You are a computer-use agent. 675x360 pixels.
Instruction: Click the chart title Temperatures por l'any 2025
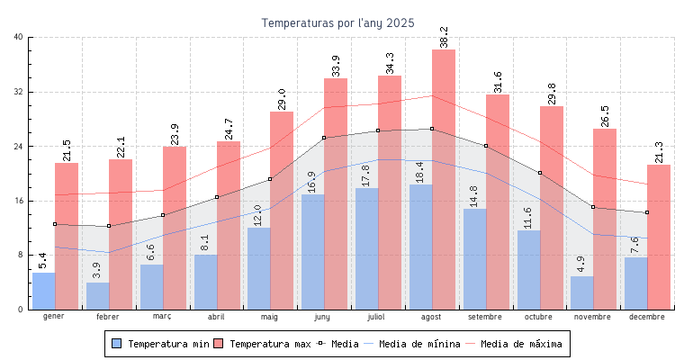point(337,22)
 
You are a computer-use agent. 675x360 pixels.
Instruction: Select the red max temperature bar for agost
point(444,180)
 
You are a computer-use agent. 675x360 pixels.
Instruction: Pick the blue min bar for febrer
point(97,296)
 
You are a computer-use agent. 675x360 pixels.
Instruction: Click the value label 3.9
point(97,269)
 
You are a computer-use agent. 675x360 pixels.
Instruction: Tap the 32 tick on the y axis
point(19,92)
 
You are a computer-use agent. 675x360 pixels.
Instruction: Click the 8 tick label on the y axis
point(21,255)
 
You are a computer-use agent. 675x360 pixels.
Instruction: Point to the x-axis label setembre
point(486,318)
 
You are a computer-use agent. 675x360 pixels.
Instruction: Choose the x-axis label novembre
point(593,318)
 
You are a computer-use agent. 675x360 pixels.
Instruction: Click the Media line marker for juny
point(324,138)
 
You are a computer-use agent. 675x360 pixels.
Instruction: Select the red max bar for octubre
point(552,207)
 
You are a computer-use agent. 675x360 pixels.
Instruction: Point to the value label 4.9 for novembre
point(581,264)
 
